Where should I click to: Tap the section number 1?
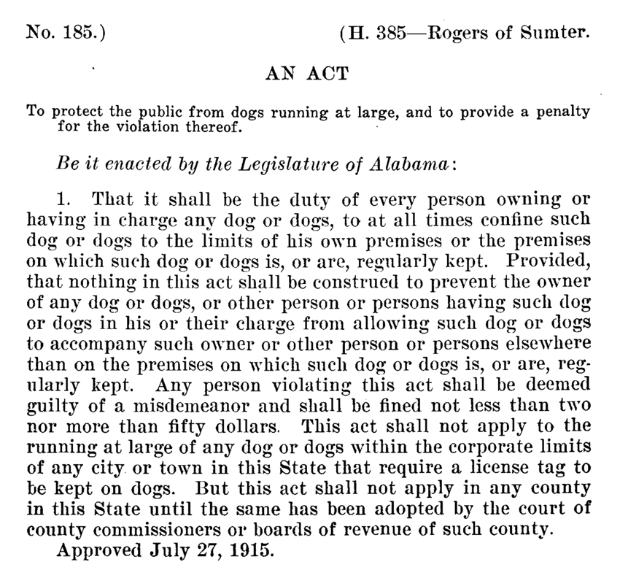coord(63,198)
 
